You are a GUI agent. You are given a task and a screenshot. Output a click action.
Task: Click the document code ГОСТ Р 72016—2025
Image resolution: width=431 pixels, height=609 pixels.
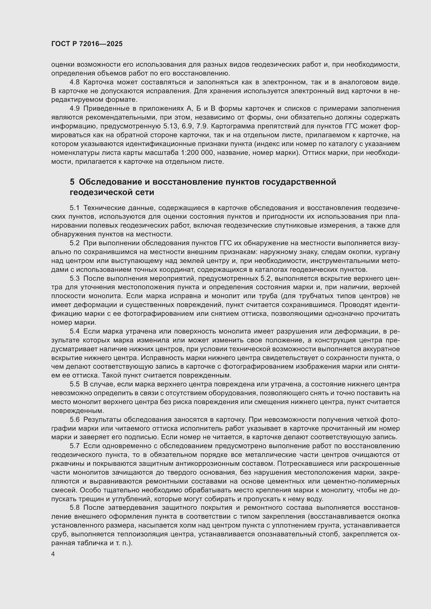coord(87,44)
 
